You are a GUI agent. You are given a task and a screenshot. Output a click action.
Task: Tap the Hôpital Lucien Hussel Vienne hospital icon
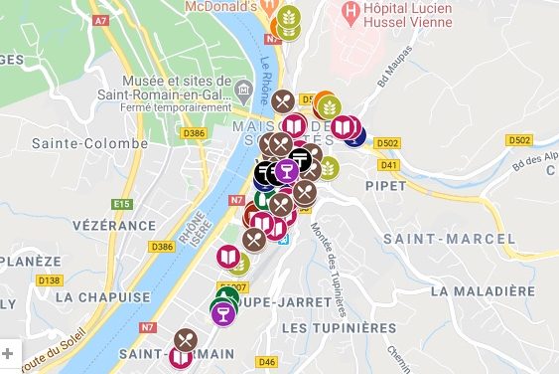tap(349, 13)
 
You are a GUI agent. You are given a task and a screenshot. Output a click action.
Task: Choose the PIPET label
tap(387, 185)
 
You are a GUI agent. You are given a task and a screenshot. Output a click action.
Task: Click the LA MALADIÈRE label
tap(484, 290)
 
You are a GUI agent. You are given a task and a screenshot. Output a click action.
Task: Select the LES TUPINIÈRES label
tap(339, 327)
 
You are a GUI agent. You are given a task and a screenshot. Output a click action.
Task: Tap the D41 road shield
tap(388, 164)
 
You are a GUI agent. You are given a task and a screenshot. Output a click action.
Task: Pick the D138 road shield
tap(49, 280)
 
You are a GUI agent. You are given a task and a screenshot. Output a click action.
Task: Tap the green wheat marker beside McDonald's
tap(288, 23)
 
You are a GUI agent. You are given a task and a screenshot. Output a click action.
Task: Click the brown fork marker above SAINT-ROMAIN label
tap(186, 340)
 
